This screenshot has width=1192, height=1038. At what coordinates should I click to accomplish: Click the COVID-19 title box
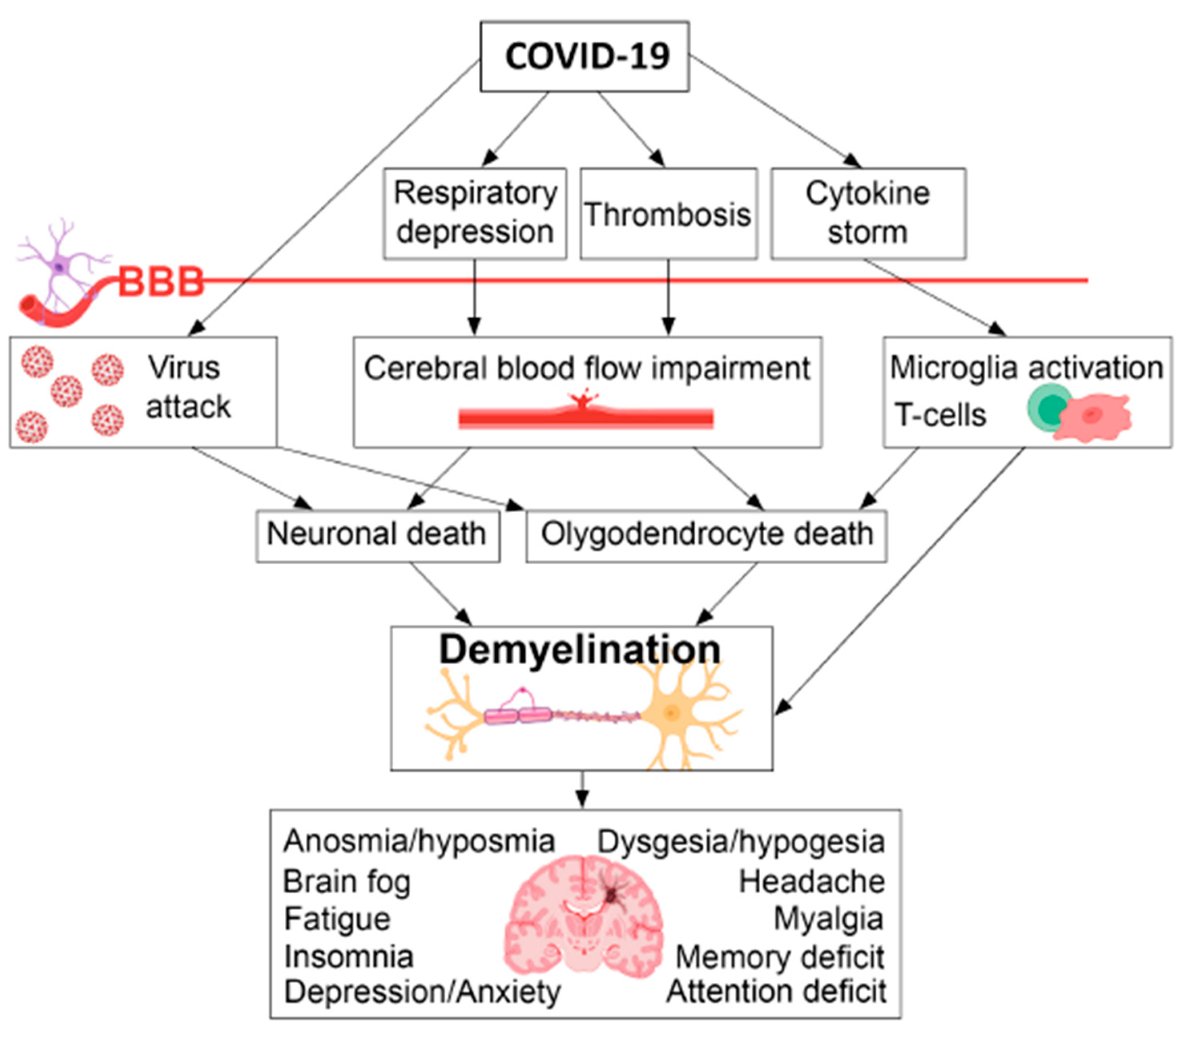(x=585, y=57)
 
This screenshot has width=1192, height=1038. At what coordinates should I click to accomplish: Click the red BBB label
(x=161, y=282)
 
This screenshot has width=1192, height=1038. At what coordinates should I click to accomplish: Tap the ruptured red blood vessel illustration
(x=586, y=414)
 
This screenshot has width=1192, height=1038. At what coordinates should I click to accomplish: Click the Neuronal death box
(x=377, y=535)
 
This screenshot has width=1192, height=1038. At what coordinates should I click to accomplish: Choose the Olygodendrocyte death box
(x=706, y=535)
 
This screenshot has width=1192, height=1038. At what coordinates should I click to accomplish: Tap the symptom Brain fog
(x=347, y=882)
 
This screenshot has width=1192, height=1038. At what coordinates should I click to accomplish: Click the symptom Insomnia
(x=349, y=957)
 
